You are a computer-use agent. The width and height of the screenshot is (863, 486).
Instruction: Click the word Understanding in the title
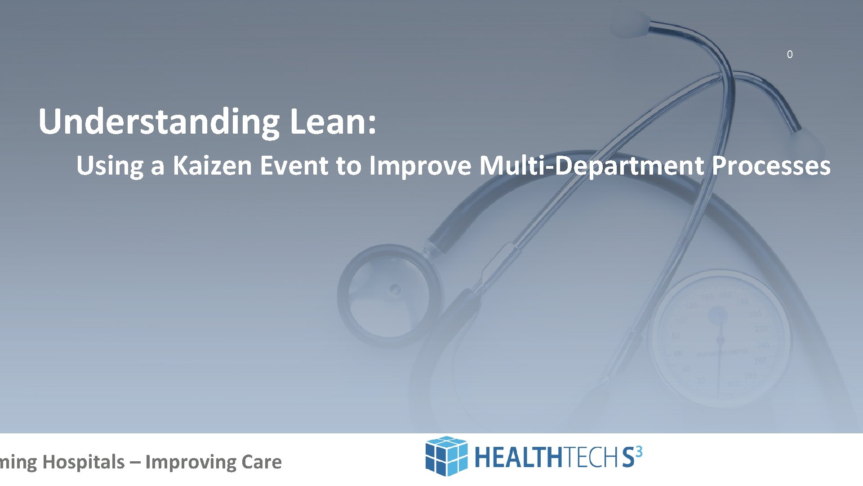[x=160, y=121]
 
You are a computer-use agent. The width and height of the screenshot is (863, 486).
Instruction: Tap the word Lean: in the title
[x=333, y=121]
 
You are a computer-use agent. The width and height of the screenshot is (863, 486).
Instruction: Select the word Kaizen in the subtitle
[x=213, y=166]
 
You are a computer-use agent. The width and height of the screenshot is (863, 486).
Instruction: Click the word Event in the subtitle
[x=294, y=166]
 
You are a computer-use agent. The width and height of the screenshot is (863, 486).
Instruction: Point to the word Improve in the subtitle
[x=420, y=166]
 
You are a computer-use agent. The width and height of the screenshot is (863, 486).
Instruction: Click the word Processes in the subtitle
[x=771, y=166]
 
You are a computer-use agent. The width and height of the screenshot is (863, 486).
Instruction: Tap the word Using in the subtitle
[x=109, y=166]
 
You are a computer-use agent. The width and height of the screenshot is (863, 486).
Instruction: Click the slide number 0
[x=790, y=54]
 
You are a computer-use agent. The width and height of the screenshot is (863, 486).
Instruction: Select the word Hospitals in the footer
[x=84, y=462]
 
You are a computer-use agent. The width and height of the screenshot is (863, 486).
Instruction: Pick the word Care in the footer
[x=261, y=462]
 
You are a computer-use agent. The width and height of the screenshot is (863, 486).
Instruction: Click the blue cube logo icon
[x=446, y=456]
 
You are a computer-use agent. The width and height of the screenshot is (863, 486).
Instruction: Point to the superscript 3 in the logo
[x=639, y=451]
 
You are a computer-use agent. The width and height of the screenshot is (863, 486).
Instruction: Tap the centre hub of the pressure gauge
[x=720, y=340]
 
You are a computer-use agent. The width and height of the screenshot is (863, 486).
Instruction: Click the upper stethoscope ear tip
[x=634, y=22]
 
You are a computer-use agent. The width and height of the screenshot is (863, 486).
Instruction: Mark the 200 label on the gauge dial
[x=755, y=314]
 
